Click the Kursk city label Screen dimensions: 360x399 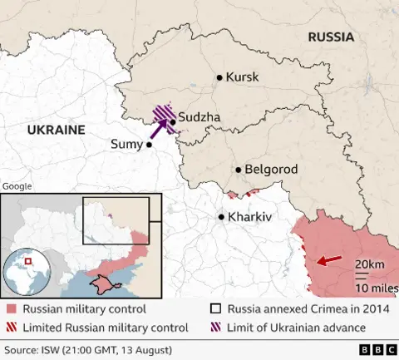pyautogui.click(x=243, y=76)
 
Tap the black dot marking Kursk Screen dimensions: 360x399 pyautogui.click(x=219, y=77)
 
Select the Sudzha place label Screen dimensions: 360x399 pyautogui.click(x=199, y=119)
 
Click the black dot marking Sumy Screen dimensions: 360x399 pyautogui.click(x=150, y=145)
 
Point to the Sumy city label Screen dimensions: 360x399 pyautogui.click(x=126, y=145)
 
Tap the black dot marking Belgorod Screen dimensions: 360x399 pyautogui.click(x=239, y=170)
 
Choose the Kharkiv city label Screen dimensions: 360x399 pyautogui.click(x=250, y=217)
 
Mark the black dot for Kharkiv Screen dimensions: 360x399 pyautogui.click(x=221, y=217)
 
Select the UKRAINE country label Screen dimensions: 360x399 pyautogui.click(x=57, y=130)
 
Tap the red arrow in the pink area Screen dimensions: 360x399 pyautogui.click(x=328, y=261)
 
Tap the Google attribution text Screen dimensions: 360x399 pyautogui.click(x=17, y=187)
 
